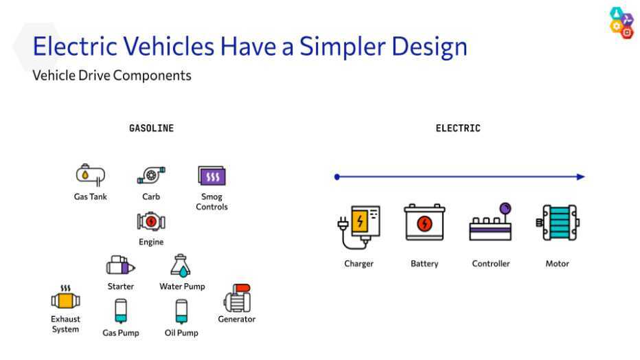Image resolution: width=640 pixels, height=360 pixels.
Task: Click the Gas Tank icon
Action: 90,175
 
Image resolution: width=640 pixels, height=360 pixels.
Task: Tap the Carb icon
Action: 151,175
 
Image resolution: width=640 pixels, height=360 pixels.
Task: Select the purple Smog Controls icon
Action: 212,176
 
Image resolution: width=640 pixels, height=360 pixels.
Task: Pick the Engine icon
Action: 151,222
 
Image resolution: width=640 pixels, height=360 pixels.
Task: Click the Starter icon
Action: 120,265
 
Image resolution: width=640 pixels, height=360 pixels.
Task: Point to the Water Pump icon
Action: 181,266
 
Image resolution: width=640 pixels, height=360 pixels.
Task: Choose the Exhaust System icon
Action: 66,297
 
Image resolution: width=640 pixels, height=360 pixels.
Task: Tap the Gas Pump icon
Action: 121,311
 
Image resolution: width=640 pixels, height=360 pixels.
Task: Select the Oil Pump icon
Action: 182,311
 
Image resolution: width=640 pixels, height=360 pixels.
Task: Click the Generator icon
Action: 237,298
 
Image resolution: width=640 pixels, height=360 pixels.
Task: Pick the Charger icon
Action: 358,227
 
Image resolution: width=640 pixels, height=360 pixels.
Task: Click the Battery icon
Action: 424,223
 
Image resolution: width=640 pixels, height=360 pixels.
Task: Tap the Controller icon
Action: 490,223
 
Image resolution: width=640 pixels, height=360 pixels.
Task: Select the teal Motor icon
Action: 558,223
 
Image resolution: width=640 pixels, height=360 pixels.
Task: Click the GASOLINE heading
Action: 152,128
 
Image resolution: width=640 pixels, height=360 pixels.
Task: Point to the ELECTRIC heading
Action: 458,128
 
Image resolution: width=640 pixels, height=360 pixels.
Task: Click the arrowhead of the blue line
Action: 581,177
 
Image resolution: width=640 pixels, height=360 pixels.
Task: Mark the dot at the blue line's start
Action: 336,177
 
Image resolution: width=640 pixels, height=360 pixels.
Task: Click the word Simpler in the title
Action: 343,47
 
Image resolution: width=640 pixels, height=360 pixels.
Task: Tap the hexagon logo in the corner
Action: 621,23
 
